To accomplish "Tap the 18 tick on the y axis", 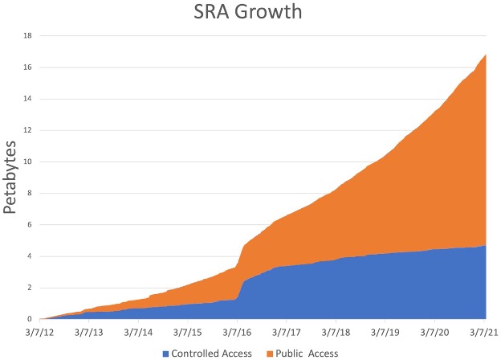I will [x=27, y=36].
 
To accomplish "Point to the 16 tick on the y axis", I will [x=27, y=67].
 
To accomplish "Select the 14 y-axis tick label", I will [x=27, y=99].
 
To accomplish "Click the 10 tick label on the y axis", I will [x=27, y=162].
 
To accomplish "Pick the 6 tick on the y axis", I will [x=29, y=225].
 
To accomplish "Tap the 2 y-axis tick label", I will [x=29, y=288].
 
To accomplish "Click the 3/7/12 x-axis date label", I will [x=40, y=330].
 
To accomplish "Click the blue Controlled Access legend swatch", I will [x=165, y=353].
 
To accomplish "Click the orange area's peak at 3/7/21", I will [x=486, y=55].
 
